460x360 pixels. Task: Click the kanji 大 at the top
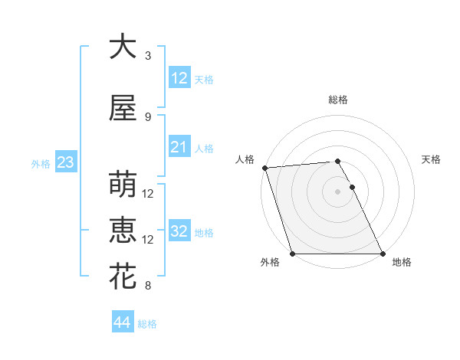pos(123,47)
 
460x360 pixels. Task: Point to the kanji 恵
pos(123,231)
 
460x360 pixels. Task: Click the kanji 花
pos(123,277)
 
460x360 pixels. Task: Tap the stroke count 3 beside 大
pos(148,56)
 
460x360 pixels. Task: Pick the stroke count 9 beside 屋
pos(148,116)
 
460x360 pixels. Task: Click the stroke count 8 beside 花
pos(148,286)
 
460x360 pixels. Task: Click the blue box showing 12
pos(179,77)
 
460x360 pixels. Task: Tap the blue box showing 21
pos(179,147)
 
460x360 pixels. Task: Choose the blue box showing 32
pos(179,231)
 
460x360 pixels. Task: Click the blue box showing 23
pos(64,162)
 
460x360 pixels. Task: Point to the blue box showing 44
pos(122,322)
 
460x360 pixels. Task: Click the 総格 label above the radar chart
pos(337,100)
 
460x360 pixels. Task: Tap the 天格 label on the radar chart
pos(432,159)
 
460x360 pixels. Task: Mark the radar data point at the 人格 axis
pos(264,168)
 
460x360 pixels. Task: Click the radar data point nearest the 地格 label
pos(383,254)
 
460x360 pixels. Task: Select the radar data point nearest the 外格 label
pos(292,254)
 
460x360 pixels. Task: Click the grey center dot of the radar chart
pos(337,191)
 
